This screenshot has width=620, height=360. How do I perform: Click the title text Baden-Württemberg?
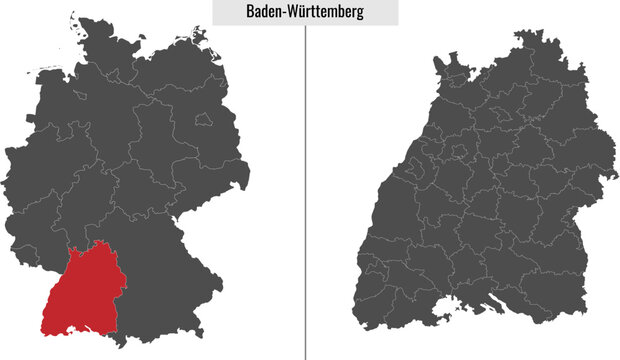point(305,12)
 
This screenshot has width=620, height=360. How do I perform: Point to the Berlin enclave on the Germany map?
point(206,119)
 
